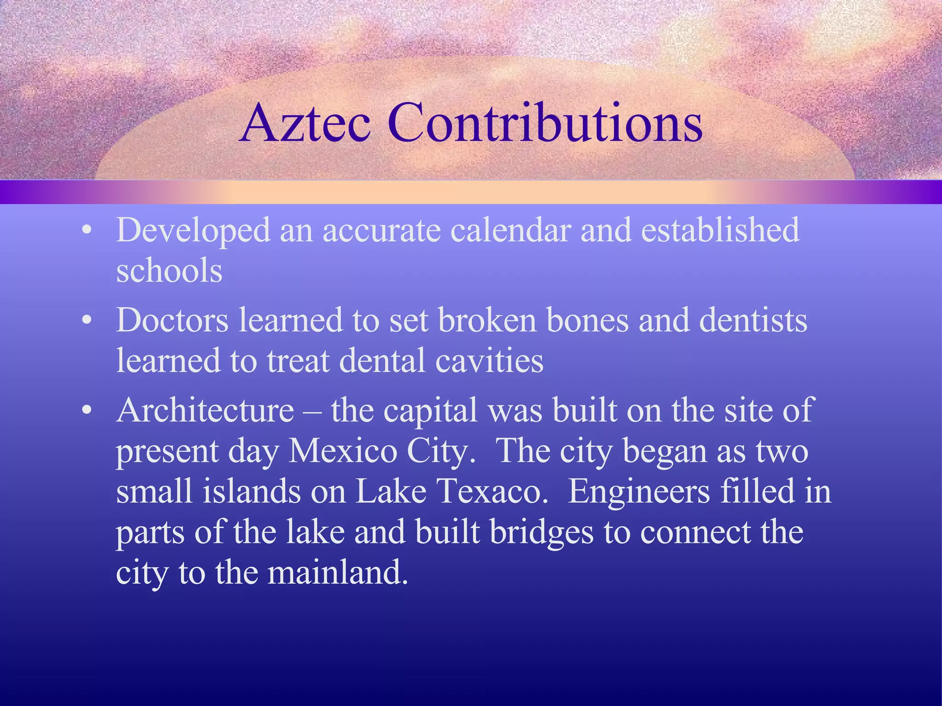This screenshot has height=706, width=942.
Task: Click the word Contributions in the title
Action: tap(545, 123)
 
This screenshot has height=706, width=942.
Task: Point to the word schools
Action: tap(169, 270)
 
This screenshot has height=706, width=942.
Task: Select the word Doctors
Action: tap(172, 320)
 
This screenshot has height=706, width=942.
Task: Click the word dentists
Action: tap(753, 320)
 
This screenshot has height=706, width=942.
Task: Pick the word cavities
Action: tap(489, 361)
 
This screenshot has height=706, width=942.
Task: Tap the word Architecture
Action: tap(205, 410)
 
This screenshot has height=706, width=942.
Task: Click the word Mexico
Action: tap(343, 451)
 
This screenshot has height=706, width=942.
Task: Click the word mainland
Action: tap(338, 573)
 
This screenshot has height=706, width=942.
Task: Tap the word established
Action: tap(720, 230)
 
